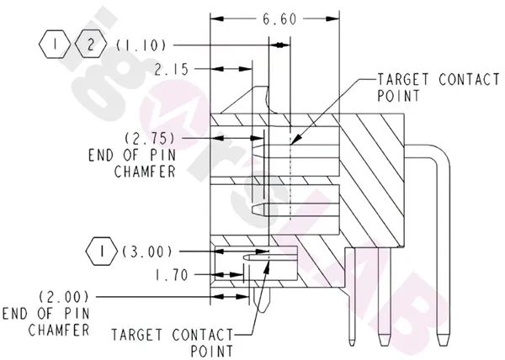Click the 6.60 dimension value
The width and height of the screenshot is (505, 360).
tap(277, 18)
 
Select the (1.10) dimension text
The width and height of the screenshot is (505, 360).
tap(141, 43)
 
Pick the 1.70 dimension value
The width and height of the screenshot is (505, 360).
tap(172, 273)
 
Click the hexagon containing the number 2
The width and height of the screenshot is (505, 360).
tap(91, 43)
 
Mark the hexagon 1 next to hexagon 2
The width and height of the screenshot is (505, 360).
tap(55, 43)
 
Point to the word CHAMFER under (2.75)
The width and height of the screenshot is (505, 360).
tap(144, 171)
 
